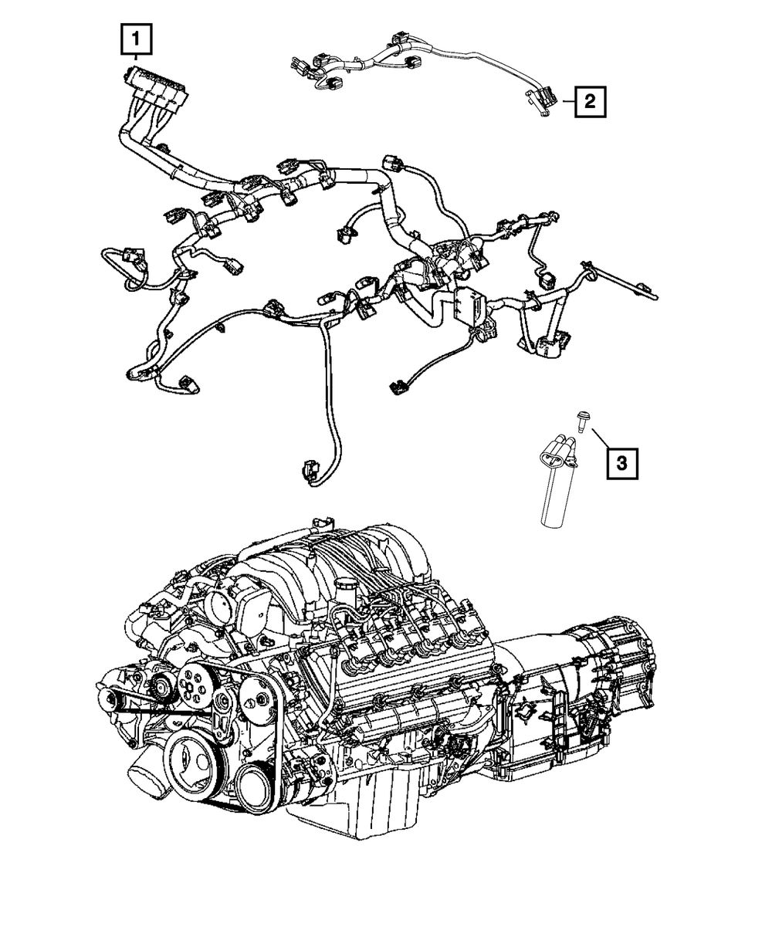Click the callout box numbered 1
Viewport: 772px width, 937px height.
pyautogui.click(x=135, y=39)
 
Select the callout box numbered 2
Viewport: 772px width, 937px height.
pyautogui.click(x=589, y=100)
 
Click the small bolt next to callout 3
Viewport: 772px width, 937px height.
pyautogui.click(x=580, y=421)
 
